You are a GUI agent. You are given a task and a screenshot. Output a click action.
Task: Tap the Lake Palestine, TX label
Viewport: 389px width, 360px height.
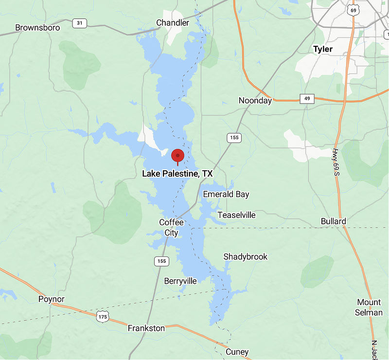pos(177,173)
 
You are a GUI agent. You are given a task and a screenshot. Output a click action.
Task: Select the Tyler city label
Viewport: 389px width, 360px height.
pos(323,49)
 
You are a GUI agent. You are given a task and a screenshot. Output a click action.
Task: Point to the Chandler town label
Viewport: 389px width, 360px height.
pos(173,23)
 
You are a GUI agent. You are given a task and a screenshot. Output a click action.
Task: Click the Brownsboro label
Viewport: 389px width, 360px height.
pos(38,28)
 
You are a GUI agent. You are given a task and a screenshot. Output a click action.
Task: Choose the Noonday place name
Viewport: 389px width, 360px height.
pos(255,101)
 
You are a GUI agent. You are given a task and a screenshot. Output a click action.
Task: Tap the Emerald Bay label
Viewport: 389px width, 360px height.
pos(226,195)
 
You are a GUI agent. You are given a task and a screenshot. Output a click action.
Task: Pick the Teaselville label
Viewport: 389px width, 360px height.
pos(236,215)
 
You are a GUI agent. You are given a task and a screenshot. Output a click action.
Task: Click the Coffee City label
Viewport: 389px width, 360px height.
pos(172,227)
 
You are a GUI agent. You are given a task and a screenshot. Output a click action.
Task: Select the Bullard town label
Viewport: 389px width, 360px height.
pos(334,221)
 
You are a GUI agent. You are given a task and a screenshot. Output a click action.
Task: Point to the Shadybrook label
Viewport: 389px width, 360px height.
pos(246,257)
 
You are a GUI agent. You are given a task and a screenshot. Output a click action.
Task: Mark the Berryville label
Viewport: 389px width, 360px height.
pos(180,281)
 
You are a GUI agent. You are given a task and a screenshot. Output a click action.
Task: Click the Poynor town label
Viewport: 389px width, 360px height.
pos(52,299)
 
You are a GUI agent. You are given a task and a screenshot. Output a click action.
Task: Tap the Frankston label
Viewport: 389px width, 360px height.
pos(146,328)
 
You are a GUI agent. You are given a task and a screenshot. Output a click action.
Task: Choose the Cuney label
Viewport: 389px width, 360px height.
pos(237,352)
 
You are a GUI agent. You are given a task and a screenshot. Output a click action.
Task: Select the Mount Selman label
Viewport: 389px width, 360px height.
pos(369,307)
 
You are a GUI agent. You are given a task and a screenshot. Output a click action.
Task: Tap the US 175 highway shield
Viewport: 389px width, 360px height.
pos(102,317)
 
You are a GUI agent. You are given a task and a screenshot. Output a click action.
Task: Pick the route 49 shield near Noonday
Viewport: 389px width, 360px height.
pos(307,99)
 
